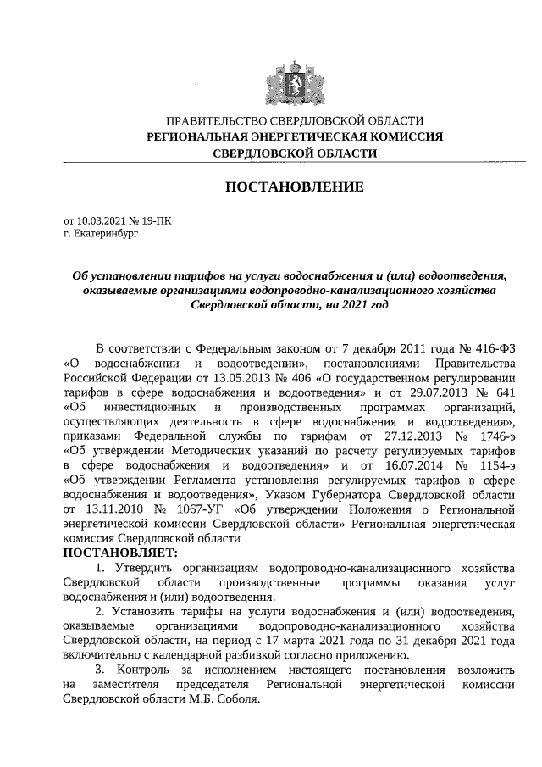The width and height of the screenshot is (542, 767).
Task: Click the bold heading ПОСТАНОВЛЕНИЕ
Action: click(x=294, y=186)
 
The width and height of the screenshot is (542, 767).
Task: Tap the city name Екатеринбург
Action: click(x=106, y=233)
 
